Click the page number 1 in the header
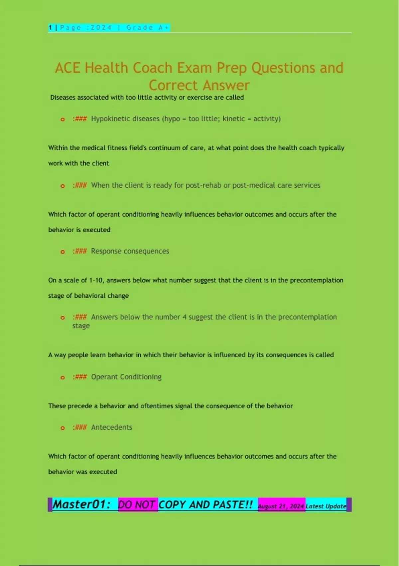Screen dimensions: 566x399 click(50, 28)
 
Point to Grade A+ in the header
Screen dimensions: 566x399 click(148, 28)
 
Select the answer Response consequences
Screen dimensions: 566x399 click(130, 251)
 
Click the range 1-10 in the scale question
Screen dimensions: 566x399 click(96, 280)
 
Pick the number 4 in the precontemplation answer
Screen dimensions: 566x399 click(184, 317)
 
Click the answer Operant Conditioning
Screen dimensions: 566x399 click(126, 377)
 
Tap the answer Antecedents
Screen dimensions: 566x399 click(112, 427)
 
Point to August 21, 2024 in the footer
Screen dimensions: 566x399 click(281, 506)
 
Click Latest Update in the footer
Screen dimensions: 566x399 click(326, 506)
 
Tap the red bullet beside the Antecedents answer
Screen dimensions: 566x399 click(63, 428)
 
